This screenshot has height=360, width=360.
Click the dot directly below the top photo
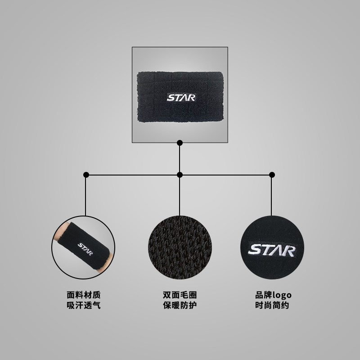point(180,143)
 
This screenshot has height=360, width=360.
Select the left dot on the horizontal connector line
point(86,175)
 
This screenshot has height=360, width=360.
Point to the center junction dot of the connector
point(180,175)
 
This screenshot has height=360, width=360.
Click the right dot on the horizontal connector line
point(271,175)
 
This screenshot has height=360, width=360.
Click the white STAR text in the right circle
point(272,250)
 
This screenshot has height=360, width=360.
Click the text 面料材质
point(84,295)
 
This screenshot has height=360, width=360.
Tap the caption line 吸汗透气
point(84,306)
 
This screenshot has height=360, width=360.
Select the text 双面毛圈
point(180,295)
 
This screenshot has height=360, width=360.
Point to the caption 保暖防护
point(180,306)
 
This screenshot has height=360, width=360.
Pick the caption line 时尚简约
point(272,306)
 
